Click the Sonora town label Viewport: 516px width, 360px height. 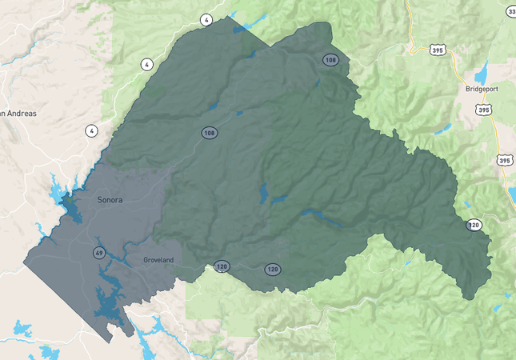(110, 199)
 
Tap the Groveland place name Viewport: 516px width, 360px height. (158, 261)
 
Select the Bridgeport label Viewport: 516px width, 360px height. (482, 90)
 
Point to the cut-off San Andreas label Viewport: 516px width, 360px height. (18, 114)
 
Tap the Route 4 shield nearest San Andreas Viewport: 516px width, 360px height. (92, 130)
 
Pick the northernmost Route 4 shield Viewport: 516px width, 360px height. (206, 20)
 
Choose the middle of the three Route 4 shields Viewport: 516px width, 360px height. (146, 64)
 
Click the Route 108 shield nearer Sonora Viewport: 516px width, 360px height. (209, 133)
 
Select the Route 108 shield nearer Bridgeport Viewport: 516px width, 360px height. (330, 60)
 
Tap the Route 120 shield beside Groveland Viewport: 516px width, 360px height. (222, 266)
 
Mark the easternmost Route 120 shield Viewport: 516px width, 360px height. (474, 226)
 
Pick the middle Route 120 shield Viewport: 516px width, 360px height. (273, 270)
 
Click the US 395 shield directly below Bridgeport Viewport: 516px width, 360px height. (483, 110)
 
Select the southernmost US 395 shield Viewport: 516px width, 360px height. (505, 161)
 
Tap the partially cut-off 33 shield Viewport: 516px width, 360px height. (511, 11)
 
